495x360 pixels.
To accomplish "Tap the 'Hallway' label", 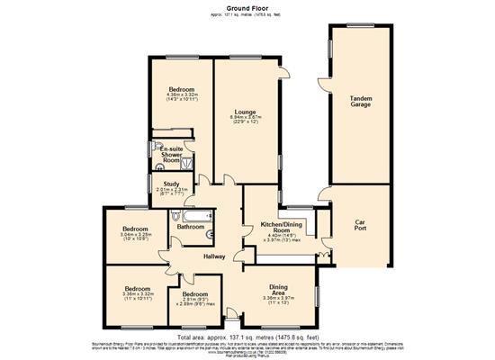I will pos(214,256).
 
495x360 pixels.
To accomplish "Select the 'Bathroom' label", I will pos(190,227).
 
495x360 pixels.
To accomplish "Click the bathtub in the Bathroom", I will pos(194,216).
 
